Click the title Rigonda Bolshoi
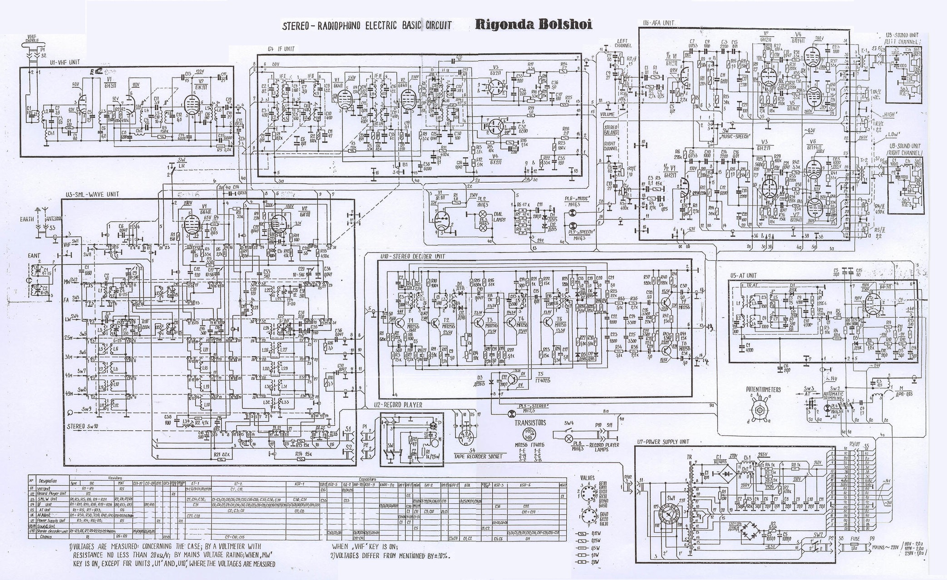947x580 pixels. pyautogui.click(x=533, y=24)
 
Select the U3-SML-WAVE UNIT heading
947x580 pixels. pyautogui.click(x=92, y=194)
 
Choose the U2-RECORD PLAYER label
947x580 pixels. pyautogui.click(x=398, y=405)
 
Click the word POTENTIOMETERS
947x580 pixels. pyautogui.click(x=763, y=390)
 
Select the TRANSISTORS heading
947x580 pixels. pyautogui.click(x=530, y=423)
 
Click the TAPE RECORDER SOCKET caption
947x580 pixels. pyautogui.click(x=479, y=457)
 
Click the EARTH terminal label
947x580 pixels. pyautogui.click(x=27, y=219)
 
